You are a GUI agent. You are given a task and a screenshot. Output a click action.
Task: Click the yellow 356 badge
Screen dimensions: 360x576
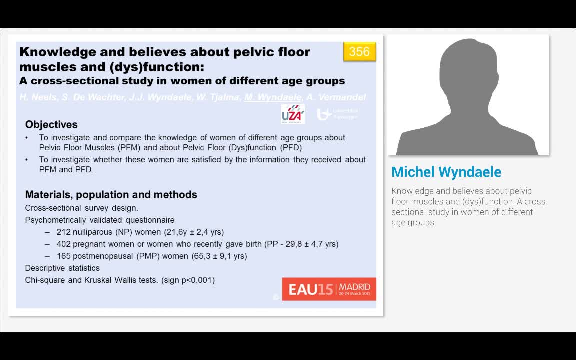click(x=359, y=52)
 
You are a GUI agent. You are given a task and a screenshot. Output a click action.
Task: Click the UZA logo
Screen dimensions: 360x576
click(x=293, y=114)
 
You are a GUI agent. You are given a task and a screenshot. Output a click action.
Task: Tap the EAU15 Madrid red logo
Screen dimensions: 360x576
click(x=329, y=289)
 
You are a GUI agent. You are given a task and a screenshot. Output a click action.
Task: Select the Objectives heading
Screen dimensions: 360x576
click(x=51, y=125)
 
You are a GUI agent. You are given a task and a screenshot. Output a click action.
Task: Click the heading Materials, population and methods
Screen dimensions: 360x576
click(x=111, y=195)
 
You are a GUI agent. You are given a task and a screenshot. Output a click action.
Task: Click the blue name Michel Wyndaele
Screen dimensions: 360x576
click(x=446, y=172)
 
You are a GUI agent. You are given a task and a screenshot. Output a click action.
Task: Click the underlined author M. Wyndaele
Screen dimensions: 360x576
click(x=273, y=97)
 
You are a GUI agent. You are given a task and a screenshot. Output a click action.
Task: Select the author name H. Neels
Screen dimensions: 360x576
click(x=38, y=97)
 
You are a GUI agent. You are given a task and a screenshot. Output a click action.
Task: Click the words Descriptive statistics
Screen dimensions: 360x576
click(x=62, y=268)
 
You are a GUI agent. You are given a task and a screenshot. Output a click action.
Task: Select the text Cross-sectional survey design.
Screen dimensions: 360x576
click(x=81, y=208)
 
